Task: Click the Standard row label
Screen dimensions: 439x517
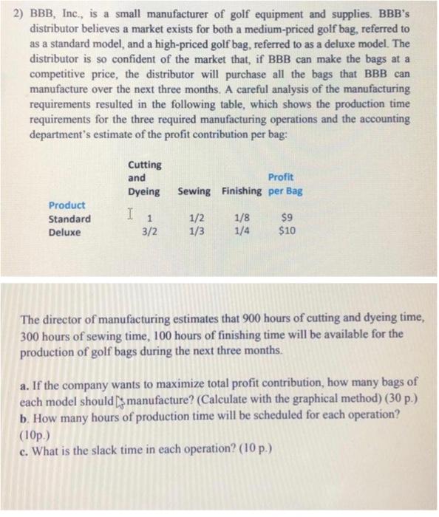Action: pos(70,219)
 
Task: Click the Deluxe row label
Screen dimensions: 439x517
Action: pos(65,233)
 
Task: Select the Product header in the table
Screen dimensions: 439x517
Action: pos(67,205)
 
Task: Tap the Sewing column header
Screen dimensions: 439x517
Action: pos(194,191)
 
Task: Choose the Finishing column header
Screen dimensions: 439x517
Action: pos(239,191)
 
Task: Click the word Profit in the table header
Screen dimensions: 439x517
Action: pos(281,177)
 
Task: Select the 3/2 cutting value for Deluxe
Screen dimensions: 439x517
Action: pos(150,233)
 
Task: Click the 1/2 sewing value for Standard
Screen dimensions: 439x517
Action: pos(194,219)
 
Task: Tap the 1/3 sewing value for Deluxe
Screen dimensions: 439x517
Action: pos(194,233)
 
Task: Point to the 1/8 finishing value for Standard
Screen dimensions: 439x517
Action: pos(241,219)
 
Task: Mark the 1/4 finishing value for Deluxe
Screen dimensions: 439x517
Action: pos(241,233)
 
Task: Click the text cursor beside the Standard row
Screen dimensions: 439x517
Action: pos(130,216)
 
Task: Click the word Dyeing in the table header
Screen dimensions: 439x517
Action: pos(144,191)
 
